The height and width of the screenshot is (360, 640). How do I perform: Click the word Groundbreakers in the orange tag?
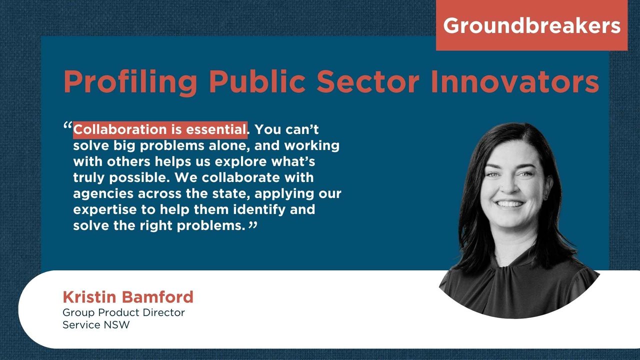(531, 25)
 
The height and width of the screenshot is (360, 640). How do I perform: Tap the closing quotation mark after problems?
(252, 226)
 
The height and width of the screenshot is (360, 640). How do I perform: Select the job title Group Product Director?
(123, 312)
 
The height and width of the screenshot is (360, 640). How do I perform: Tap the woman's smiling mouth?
(510, 204)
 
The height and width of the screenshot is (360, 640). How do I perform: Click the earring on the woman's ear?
(545, 196)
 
